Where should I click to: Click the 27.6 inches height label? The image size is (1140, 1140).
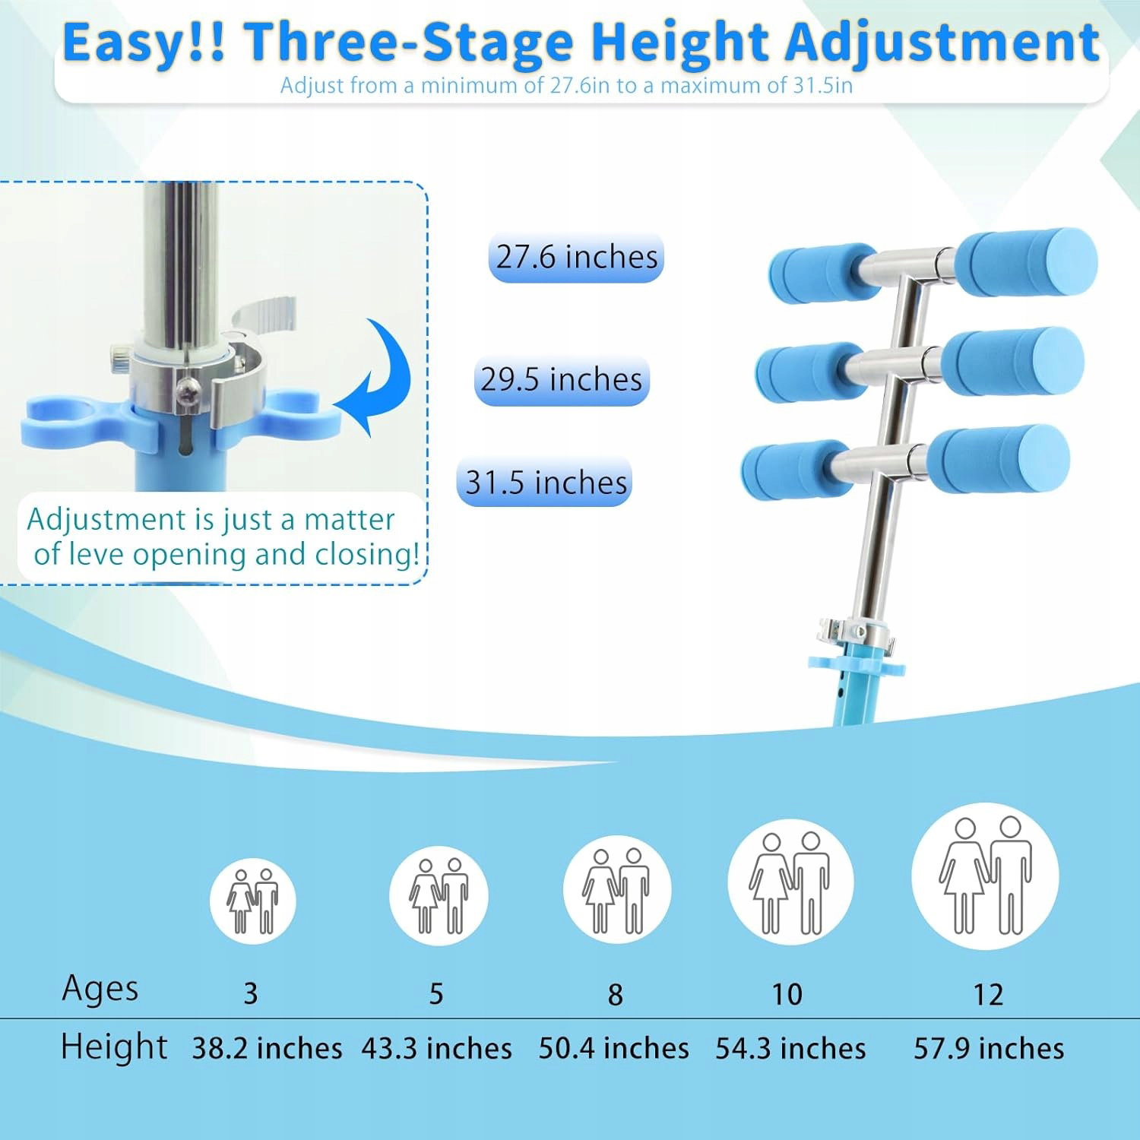(576, 257)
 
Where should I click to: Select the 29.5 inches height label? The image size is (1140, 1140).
(562, 379)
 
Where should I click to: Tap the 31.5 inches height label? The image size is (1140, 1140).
(545, 483)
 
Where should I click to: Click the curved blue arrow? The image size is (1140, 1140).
(374, 377)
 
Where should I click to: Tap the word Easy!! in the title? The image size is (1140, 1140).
(144, 43)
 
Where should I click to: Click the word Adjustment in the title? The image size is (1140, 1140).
(942, 43)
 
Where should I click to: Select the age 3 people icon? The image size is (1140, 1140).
(252, 901)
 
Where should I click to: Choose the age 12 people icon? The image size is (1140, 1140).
(985, 876)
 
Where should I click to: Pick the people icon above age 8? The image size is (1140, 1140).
(616, 889)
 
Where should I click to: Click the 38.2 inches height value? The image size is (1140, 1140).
(267, 1049)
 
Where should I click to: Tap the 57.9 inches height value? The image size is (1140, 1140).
(989, 1049)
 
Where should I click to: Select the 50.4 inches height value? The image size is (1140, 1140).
(614, 1049)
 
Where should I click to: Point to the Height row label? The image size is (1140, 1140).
(114, 1047)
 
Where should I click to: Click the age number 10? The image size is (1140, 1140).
(787, 994)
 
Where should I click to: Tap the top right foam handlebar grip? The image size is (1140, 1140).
(1026, 262)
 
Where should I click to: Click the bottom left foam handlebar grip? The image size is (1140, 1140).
(796, 470)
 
